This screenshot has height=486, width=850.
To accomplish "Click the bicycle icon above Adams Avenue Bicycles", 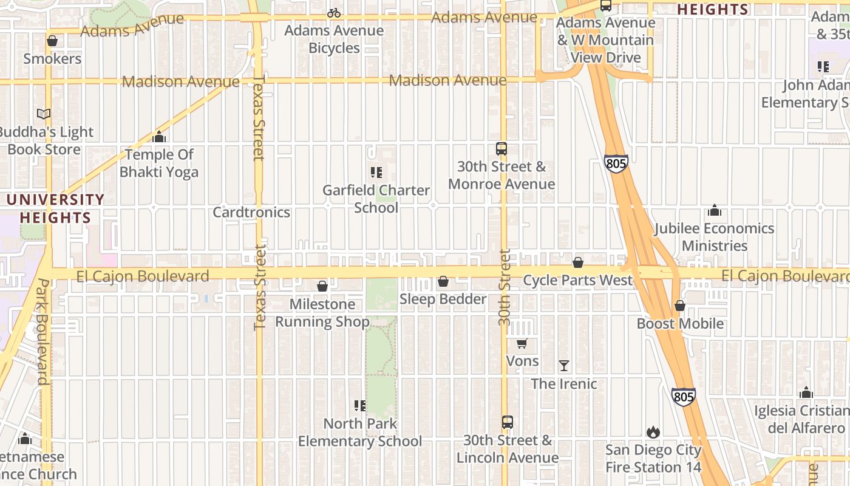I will pos(334,13).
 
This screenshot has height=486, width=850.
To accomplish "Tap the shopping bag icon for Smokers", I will pos(52,41).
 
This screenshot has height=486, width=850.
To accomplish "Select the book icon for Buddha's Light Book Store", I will pos(43,114).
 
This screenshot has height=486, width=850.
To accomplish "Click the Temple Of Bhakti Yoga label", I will pos(159,163).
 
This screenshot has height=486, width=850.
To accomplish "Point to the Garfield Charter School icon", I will pos(376,173).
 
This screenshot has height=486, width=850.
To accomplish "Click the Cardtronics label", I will pos(251,212).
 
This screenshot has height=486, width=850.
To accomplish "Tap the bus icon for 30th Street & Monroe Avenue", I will pos(501,149).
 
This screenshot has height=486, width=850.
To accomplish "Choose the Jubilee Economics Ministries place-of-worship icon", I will pos(715,210).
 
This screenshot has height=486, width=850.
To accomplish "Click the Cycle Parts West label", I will pos(577,280).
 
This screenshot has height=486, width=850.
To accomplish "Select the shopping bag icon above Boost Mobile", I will pos(680,306).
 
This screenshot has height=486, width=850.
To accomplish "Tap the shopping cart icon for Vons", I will pos(522,343).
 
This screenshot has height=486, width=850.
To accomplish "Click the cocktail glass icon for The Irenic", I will pos(564,366).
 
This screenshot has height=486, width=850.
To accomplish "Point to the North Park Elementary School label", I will pos(360,433).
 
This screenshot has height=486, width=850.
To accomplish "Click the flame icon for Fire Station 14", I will pos(653,432).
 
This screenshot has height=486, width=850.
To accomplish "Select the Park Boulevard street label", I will pos(42,332).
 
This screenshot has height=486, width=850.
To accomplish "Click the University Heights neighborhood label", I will pos(56,208).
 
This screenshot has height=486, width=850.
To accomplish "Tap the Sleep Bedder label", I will pos(443,299).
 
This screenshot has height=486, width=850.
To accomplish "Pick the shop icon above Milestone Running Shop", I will pos(322,286).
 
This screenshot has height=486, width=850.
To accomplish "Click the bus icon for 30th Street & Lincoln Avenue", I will pos(508,422).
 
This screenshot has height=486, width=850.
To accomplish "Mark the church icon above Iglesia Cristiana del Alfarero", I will pos(806,392).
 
